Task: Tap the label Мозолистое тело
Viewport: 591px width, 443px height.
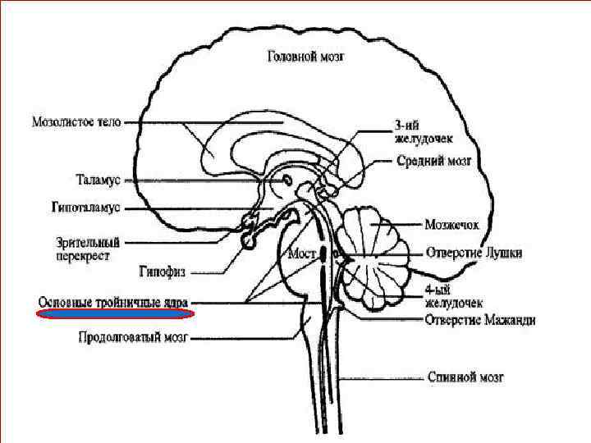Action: click(x=76, y=121)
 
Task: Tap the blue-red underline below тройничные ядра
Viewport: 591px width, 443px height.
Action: click(x=116, y=313)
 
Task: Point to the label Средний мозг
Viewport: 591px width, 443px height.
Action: click(x=433, y=162)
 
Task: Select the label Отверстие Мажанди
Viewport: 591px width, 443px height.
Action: click(x=480, y=319)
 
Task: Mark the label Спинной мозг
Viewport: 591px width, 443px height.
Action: click(x=465, y=377)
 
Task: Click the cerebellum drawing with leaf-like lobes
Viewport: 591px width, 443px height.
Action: click(x=377, y=250)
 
